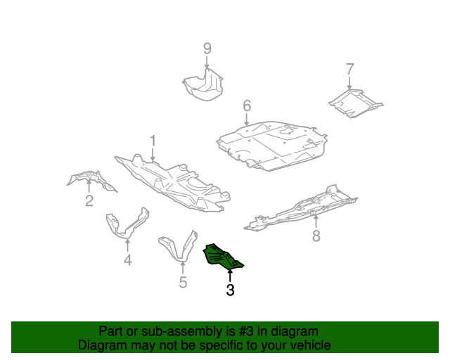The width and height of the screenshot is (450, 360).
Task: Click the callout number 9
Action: [x=207, y=49]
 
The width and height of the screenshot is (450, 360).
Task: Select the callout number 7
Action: [x=350, y=69]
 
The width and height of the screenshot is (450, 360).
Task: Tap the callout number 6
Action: [x=247, y=105]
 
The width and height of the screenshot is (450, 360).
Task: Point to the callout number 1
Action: [x=153, y=141]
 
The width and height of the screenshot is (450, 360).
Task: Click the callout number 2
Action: [x=89, y=200]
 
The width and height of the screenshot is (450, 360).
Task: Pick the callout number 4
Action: [x=128, y=260]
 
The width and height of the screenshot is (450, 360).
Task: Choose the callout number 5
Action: [x=183, y=282]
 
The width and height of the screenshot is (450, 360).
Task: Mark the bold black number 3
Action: [x=230, y=290]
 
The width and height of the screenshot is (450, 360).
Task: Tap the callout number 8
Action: [x=316, y=236]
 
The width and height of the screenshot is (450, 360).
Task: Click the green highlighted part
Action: [x=221, y=257]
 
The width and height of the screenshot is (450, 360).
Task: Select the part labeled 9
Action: [x=203, y=86]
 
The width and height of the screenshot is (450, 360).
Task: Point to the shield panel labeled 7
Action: [x=355, y=103]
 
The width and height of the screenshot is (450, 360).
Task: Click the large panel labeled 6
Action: [x=272, y=146]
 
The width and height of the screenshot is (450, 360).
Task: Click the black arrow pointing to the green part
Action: [x=230, y=276]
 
